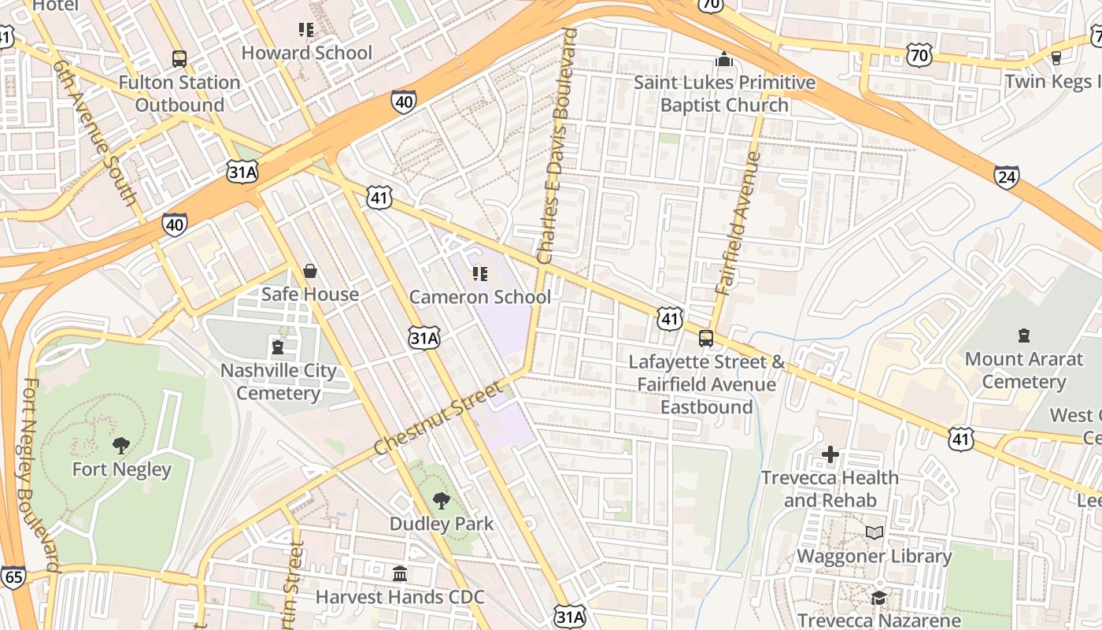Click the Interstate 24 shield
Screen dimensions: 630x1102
coord(1006,176)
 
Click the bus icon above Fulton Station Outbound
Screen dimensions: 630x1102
coord(179,58)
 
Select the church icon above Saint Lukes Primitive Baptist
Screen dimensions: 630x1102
coord(723,59)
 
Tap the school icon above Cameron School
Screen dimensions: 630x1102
coord(479,274)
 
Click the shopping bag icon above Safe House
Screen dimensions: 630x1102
coord(310,271)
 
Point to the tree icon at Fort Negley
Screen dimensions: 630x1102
coord(121,446)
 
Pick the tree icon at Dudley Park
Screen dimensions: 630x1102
coord(442,500)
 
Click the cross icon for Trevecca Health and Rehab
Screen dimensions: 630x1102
coord(830,454)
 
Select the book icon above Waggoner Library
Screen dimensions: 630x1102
coord(874,533)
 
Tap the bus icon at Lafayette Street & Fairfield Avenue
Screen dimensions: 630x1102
coord(706,339)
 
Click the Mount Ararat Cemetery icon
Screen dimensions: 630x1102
coord(1023,336)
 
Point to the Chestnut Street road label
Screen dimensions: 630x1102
coord(438,418)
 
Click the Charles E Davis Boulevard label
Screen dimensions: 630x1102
coord(557,146)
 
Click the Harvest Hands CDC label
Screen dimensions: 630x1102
coord(400,597)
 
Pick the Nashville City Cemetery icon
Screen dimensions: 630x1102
coord(277,347)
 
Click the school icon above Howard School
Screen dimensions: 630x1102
coord(306,30)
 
